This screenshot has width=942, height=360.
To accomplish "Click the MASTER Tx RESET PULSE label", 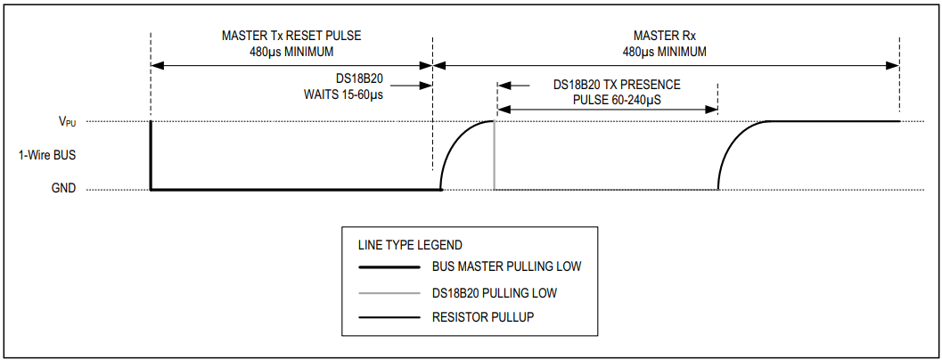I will [x=291, y=37].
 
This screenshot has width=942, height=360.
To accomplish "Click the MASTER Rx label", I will [x=665, y=37].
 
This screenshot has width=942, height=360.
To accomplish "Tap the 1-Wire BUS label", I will [x=47, y=155].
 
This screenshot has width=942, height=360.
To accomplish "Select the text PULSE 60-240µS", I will [x=616, y=100].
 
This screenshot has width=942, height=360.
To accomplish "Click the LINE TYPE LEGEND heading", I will [x=410, y=244].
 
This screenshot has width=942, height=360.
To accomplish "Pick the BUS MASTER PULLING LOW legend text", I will [x=507, y=266].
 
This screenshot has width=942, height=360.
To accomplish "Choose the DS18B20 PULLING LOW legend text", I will [x=496, y=292].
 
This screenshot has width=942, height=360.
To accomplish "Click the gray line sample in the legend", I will [x=389, y=292].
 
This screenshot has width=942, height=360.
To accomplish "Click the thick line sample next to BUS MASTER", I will [x=389, y=266].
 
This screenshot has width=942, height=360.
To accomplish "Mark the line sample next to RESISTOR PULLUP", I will [x=389, y=317].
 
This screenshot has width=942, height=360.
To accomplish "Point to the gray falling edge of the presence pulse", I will [x=495, y=156].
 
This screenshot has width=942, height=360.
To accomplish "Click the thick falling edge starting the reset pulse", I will [x=151, y=156].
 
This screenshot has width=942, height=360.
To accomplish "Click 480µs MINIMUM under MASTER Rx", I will [x=665, y=52].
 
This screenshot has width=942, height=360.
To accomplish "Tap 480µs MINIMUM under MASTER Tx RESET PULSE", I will [x=291, y=52].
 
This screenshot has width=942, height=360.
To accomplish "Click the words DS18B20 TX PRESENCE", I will [x=617, y=86].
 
